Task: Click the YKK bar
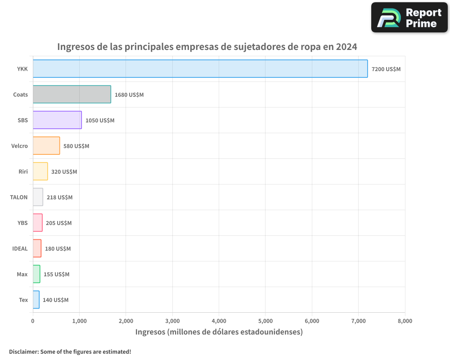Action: click(x=200, y=69)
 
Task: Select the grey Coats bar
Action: click(x=72, y=94)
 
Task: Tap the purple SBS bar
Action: click(x=57, y=120)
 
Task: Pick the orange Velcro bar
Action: click(x=46, y=146)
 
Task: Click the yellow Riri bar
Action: click(x=40, y=171)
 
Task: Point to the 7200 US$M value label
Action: click(x=386, y=69)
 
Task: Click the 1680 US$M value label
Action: click(x=129, y=95)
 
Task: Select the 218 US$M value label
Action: click(x=59, y=198)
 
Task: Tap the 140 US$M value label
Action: click(x=55, y=300)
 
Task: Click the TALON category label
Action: click(x=19, y=197)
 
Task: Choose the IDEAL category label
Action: click(x=20, y=248)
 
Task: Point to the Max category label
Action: click(x=22, y=274)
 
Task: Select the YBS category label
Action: click(x=22, y=223)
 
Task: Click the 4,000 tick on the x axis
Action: click(x=219, y=321)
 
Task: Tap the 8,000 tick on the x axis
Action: click(x=405, y=321)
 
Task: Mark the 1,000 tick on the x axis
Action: click(x=79, y=321)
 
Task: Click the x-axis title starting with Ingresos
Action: click(x=219, y=332)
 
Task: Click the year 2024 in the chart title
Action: click(x=346, y=47)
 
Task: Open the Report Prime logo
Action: click(x=409, y=17)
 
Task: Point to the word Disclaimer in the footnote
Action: click(x=23, y=351)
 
